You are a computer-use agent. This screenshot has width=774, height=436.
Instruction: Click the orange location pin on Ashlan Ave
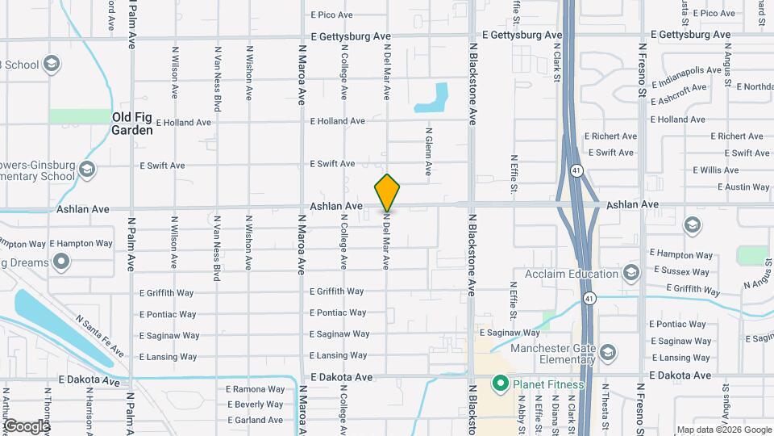[387, 192]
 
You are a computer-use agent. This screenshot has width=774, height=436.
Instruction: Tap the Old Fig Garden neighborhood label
[132, 124]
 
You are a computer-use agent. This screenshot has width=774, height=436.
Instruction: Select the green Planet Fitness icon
[500, 384]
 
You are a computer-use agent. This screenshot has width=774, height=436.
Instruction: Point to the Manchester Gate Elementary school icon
[608, 352]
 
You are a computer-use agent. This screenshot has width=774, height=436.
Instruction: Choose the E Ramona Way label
[255, 388]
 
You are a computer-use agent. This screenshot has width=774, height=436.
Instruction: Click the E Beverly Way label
[255, 405]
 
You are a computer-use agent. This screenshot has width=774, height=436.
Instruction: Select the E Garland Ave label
[255, 420]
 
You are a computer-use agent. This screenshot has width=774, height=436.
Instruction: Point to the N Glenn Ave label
[429, 152]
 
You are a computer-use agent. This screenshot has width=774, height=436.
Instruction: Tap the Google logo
[27, 426]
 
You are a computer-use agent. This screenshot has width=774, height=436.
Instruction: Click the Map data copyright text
[723, 430]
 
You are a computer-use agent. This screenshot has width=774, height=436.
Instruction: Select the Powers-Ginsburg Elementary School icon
[87, 169]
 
